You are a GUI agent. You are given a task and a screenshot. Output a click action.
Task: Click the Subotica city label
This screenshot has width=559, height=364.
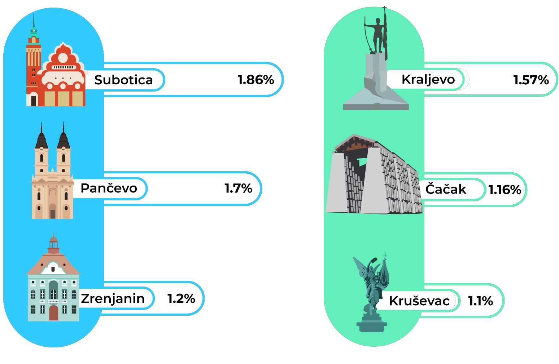tap(123, 80)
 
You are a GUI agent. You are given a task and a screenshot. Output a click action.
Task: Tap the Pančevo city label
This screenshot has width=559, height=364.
tap(109, 188)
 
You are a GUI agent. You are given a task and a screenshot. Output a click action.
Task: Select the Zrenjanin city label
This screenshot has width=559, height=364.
tap(113, 299)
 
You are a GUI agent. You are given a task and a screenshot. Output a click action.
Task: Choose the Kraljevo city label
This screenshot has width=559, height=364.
tap(428, 79)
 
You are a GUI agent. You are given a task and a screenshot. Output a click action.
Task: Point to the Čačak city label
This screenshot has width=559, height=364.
tap(444, 189)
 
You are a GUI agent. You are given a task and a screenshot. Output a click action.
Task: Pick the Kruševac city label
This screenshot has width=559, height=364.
tap(419, 301)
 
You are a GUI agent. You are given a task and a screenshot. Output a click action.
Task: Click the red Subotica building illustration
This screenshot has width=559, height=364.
tap(64, 77)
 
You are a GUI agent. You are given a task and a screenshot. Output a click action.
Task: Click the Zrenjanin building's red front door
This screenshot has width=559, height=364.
tap(53, 313)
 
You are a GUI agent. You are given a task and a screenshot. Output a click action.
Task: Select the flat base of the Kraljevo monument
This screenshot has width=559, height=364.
tap(376, 106)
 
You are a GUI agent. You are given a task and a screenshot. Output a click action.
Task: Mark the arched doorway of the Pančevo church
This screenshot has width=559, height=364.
tap(53, 212)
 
